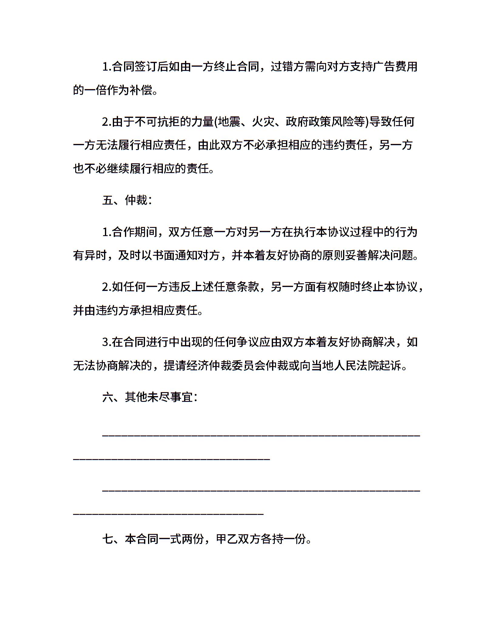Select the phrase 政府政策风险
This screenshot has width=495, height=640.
coord(319,122)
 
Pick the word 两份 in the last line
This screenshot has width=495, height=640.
coord(192,539)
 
